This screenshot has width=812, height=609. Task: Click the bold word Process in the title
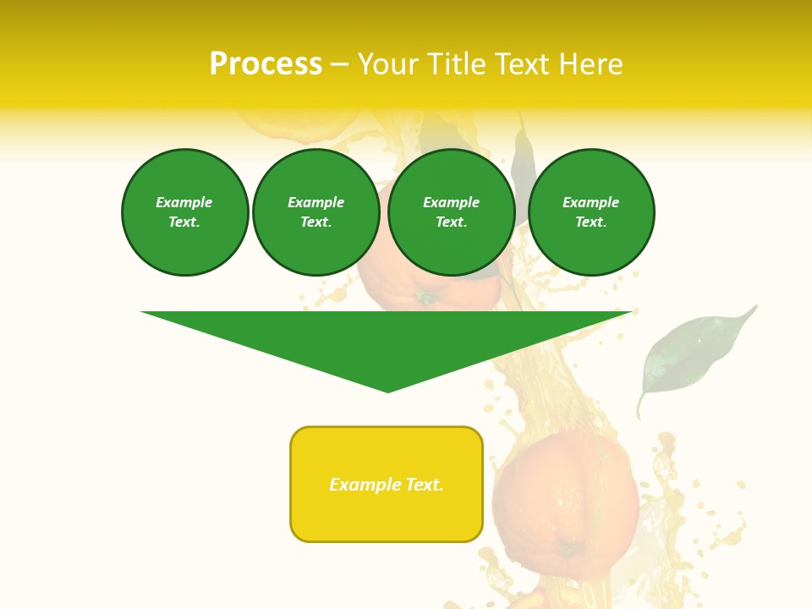click(x=266, y=64)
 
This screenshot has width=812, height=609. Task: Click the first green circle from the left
click(x=184, y=212)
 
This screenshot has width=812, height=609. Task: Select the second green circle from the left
click(x=315, y=212)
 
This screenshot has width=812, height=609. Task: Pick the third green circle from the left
click(x=451, y=212)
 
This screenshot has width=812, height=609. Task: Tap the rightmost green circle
click(x=590, y=212)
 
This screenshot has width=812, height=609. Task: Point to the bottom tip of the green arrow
click(x=388, y=391)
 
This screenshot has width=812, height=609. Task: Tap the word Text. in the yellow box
click(x=425, y=485)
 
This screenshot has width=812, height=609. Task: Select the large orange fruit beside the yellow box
click(x=565, y=499)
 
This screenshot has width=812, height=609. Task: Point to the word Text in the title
click(x=523, y=64)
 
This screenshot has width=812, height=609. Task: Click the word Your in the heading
click(x=389, y=64)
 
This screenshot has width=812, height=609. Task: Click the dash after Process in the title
click(x=339, y=64)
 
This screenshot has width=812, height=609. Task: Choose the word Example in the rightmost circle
click(x=590, y=202)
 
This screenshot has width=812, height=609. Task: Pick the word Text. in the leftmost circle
click(x=184, y=222)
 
